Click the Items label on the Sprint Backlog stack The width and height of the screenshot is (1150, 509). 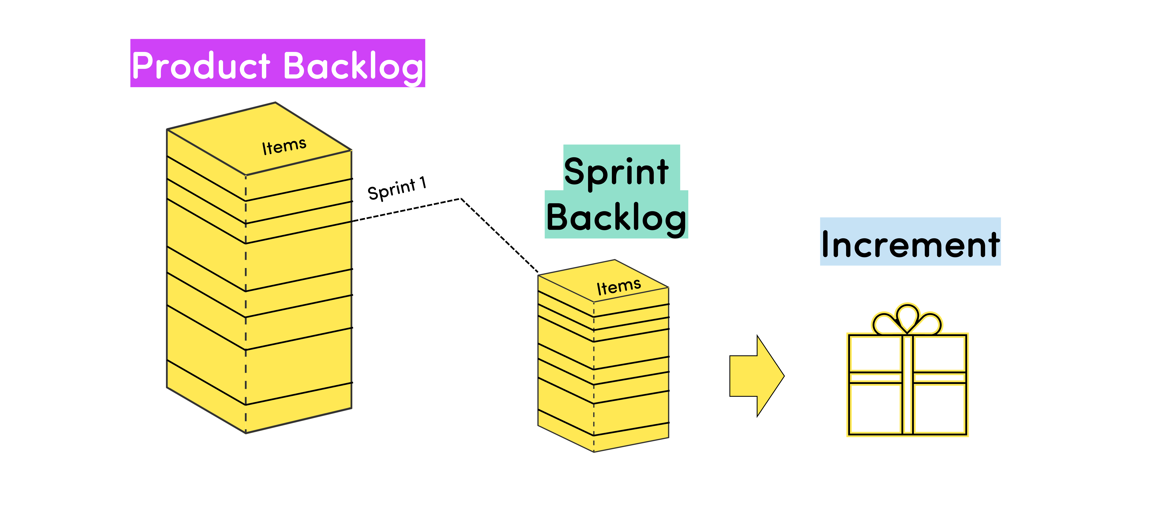619,286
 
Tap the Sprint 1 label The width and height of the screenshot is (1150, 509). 396,189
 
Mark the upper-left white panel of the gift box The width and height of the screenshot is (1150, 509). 875,353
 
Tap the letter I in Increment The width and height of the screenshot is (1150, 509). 826,244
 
